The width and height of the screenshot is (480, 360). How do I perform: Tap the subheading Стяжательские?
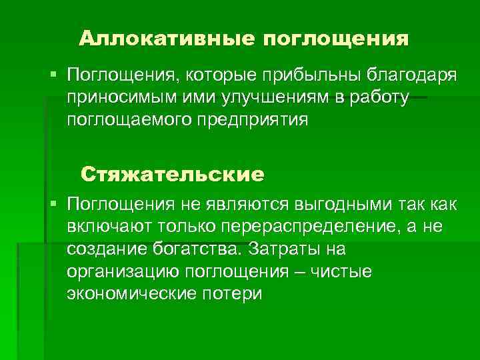click(x=173, y=175)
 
